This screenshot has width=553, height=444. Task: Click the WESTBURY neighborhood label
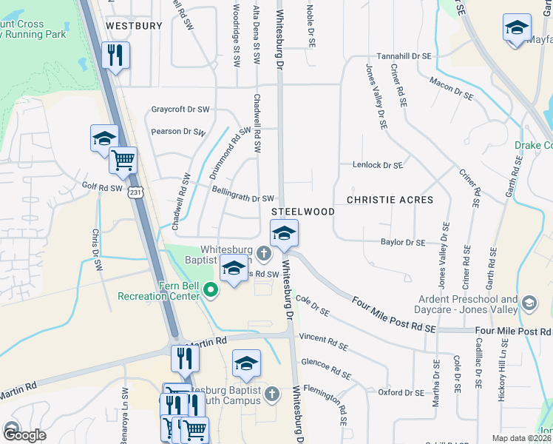[x=134, y=25]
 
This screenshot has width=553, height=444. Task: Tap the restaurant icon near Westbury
[x=115, y=56]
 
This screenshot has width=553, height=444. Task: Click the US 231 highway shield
[x=135, y=192]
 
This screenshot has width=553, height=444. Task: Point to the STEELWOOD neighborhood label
[x=308, y=212]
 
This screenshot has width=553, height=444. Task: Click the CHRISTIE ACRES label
[x=390, y=200]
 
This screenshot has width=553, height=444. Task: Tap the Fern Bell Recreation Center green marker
[x=211, y=289]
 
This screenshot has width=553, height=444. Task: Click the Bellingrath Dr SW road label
[x=243, y=198]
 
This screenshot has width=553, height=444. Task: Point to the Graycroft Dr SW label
[x=180, y=110]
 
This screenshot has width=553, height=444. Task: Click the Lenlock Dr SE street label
[x=377, y=166]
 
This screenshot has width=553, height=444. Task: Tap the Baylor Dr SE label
[x=403, y=242]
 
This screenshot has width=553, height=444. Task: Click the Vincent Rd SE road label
[x=323, y=341]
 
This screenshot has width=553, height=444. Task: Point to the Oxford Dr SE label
[x=401, y=393]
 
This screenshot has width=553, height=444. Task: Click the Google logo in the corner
[x=24, y=435]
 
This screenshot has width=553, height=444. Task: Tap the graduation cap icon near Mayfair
[x=517, y=29]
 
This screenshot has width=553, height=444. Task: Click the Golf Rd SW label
[x=102, y=188]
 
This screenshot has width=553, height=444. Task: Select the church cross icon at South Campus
[x=271, y=393]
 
